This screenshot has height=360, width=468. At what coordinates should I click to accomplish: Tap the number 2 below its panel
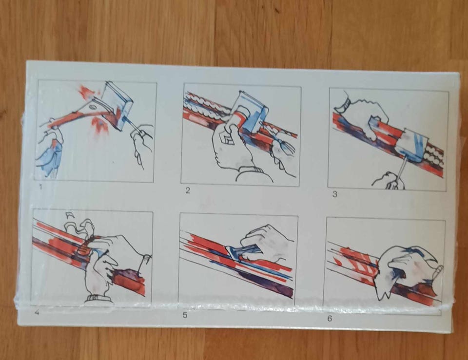[187, 190]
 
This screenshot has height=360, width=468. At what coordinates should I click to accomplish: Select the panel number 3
[334, 194]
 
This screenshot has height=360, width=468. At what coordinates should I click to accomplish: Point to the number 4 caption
[37, 313]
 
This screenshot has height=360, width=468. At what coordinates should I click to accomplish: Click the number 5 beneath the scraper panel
[185, 315]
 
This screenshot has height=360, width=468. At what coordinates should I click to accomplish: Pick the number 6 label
[330, 318]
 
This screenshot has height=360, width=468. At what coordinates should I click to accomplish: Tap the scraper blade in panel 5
[236, 253]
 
